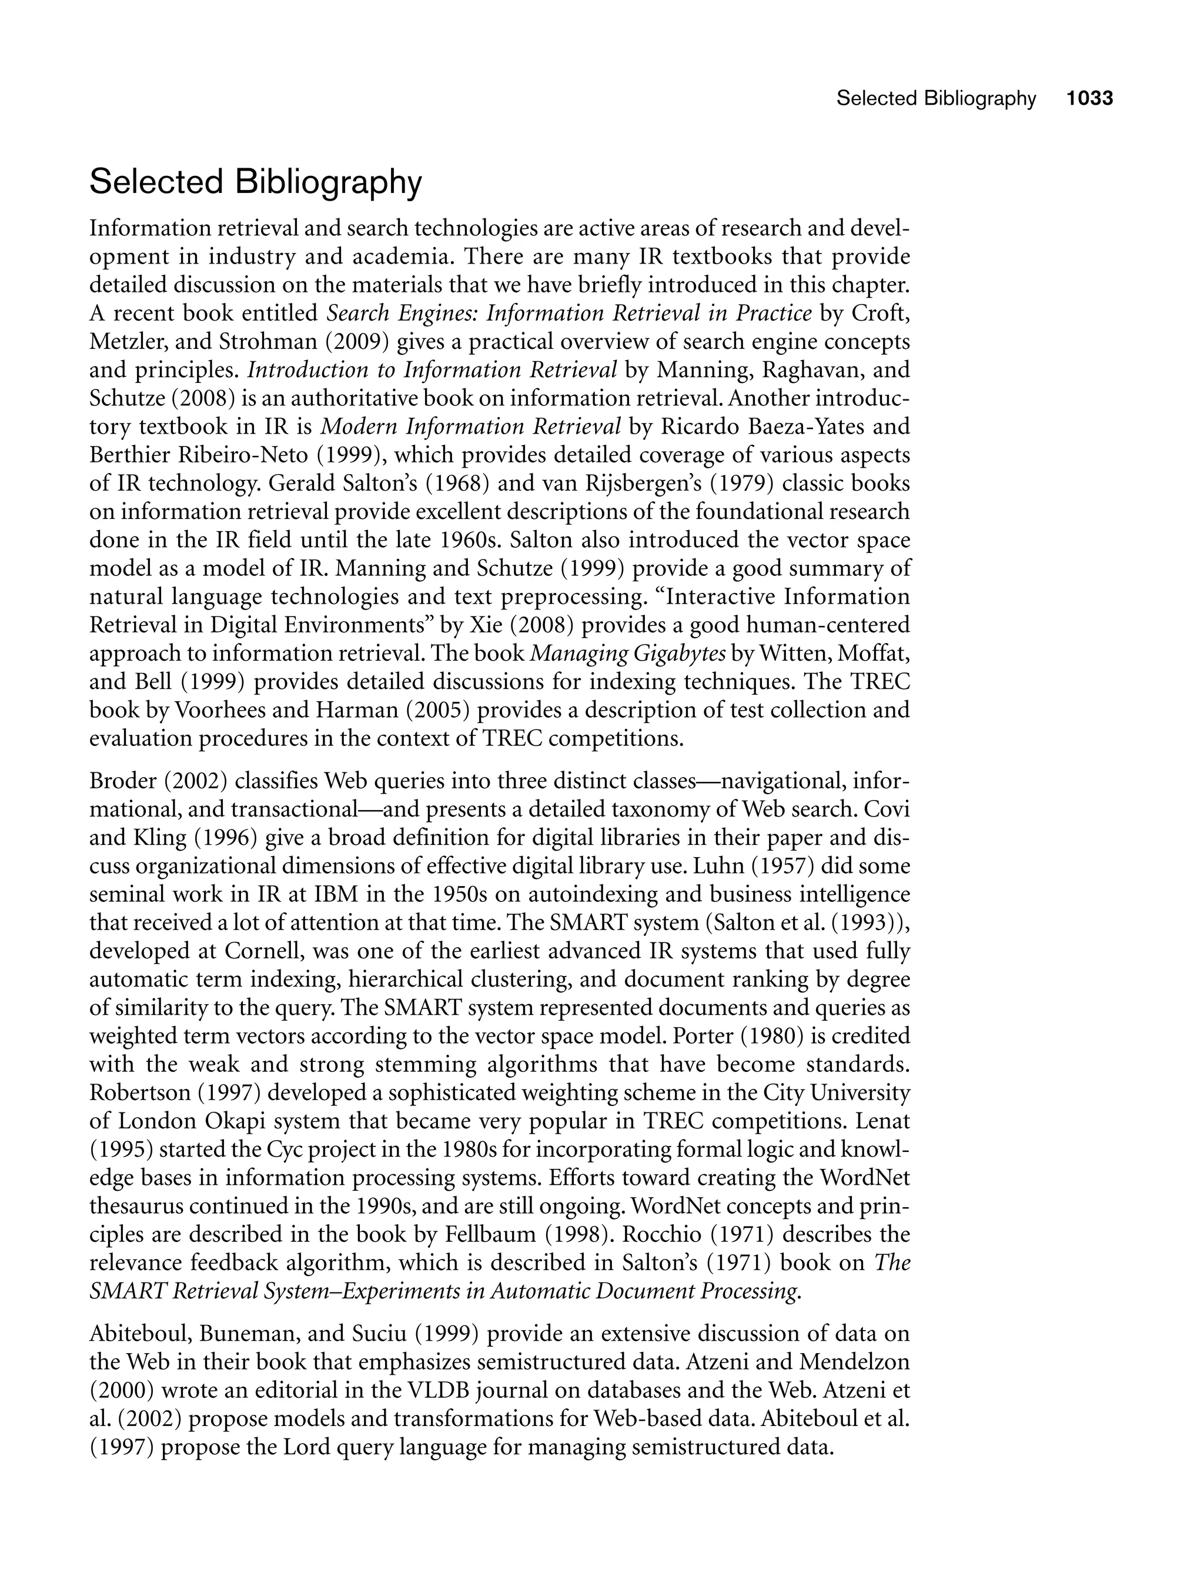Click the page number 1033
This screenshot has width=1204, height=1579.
1089,98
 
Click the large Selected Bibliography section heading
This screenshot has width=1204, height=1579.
256,182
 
